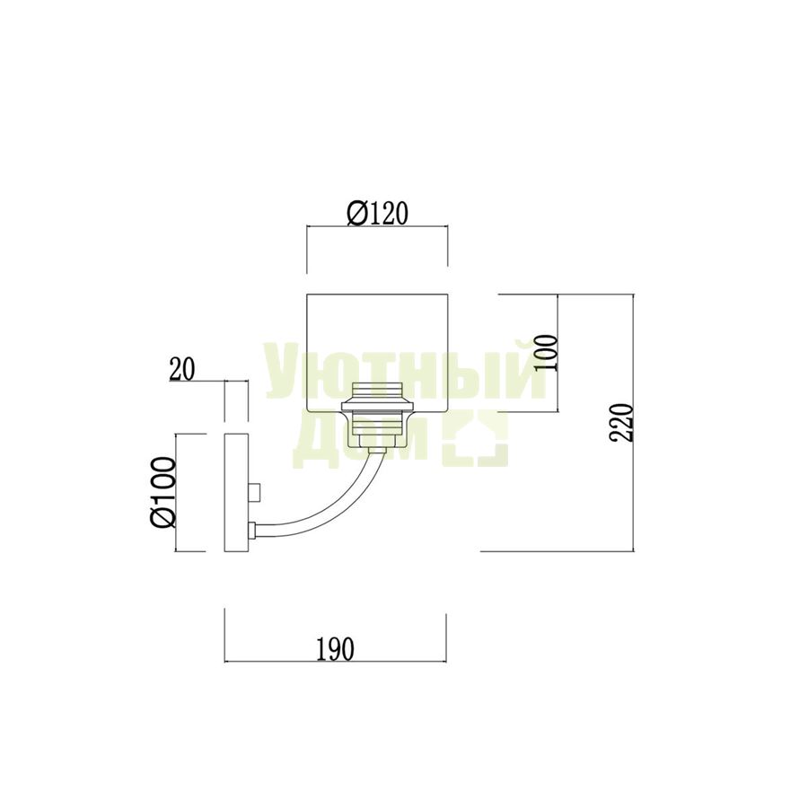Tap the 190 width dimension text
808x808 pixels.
tap(335, 649)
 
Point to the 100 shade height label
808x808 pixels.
tap(546, 353)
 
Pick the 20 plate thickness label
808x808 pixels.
tap(182, 370)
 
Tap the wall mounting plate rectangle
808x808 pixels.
tap(236, 493)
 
